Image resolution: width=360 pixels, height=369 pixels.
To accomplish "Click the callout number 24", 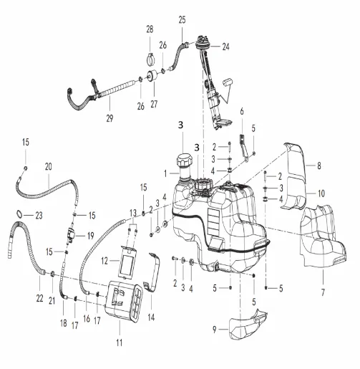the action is tap(225, 47).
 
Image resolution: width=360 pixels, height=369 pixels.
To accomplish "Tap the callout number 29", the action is tap(110, 118).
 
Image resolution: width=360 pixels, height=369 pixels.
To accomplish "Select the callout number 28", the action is tap(150, 29).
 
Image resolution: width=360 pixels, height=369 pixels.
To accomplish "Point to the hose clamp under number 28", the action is tap(150, 59).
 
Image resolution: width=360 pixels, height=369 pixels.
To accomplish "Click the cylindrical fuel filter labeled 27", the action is tap(152, 76).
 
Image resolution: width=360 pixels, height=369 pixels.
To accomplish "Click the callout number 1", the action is tap(165, 173).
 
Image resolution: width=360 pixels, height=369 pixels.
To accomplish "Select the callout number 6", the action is tap(242, 111).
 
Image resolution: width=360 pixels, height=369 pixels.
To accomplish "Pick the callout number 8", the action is tap(319, 166).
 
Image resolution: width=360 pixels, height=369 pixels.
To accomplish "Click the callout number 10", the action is tap(321, 193).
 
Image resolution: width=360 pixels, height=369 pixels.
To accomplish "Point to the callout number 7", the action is tap(323, 292).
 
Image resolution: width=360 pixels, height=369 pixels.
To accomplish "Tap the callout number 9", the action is tap(215, 330).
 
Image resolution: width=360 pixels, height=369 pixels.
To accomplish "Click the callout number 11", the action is tap(120, 342).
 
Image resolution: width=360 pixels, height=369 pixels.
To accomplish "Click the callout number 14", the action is tap(151, 317).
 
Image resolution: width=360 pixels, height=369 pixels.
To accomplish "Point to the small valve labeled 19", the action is tap(72, 234).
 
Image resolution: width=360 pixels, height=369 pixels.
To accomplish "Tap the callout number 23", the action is tap(39, 216).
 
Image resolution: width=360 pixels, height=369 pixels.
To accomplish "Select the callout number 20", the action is tap(49, 166).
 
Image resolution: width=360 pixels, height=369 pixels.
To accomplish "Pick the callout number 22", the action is tap(39, 298).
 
